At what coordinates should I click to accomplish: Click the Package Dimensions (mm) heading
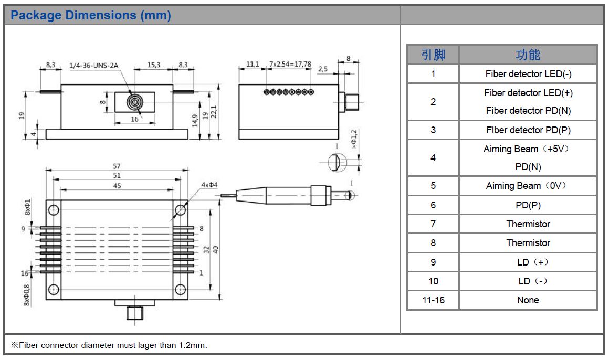(x=91, y=16)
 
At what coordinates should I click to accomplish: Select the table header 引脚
(x=433, y=55)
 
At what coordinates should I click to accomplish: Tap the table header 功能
(x=528, y=55)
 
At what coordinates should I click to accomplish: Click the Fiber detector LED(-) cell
(x=528, y=74)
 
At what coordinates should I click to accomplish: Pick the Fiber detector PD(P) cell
(x=528, y=130)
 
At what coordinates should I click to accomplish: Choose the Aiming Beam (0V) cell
(x=528, y=186)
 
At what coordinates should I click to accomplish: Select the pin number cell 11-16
(x=433, y=300)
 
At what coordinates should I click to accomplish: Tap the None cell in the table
(x=528, y=300)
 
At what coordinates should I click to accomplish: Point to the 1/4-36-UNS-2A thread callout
(x=94, y=66)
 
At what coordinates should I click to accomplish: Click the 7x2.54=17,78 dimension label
(x=290, y=65)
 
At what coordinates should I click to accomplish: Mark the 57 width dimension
(x=117, y=166)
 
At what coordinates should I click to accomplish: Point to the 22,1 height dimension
(x=214, y=111)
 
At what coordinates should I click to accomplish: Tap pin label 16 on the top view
(x=24, y=273)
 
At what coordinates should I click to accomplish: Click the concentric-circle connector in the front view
(x=135, y=102)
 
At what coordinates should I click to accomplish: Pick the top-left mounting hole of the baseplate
(x=54, y=210)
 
